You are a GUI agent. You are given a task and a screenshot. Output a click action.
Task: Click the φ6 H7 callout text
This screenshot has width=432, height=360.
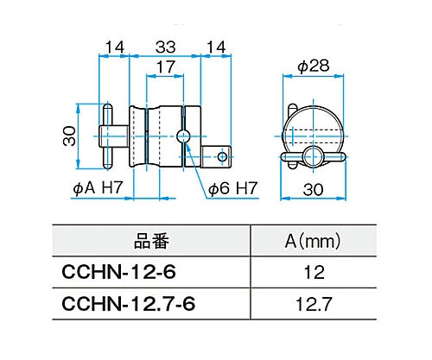(232, 187)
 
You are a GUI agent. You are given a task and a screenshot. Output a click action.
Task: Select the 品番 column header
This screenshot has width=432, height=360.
(150, 238)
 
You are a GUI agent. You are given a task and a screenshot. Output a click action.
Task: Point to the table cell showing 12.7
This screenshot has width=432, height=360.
(314, 305)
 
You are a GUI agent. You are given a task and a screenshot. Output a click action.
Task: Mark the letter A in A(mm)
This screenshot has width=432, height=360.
(292, 238)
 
